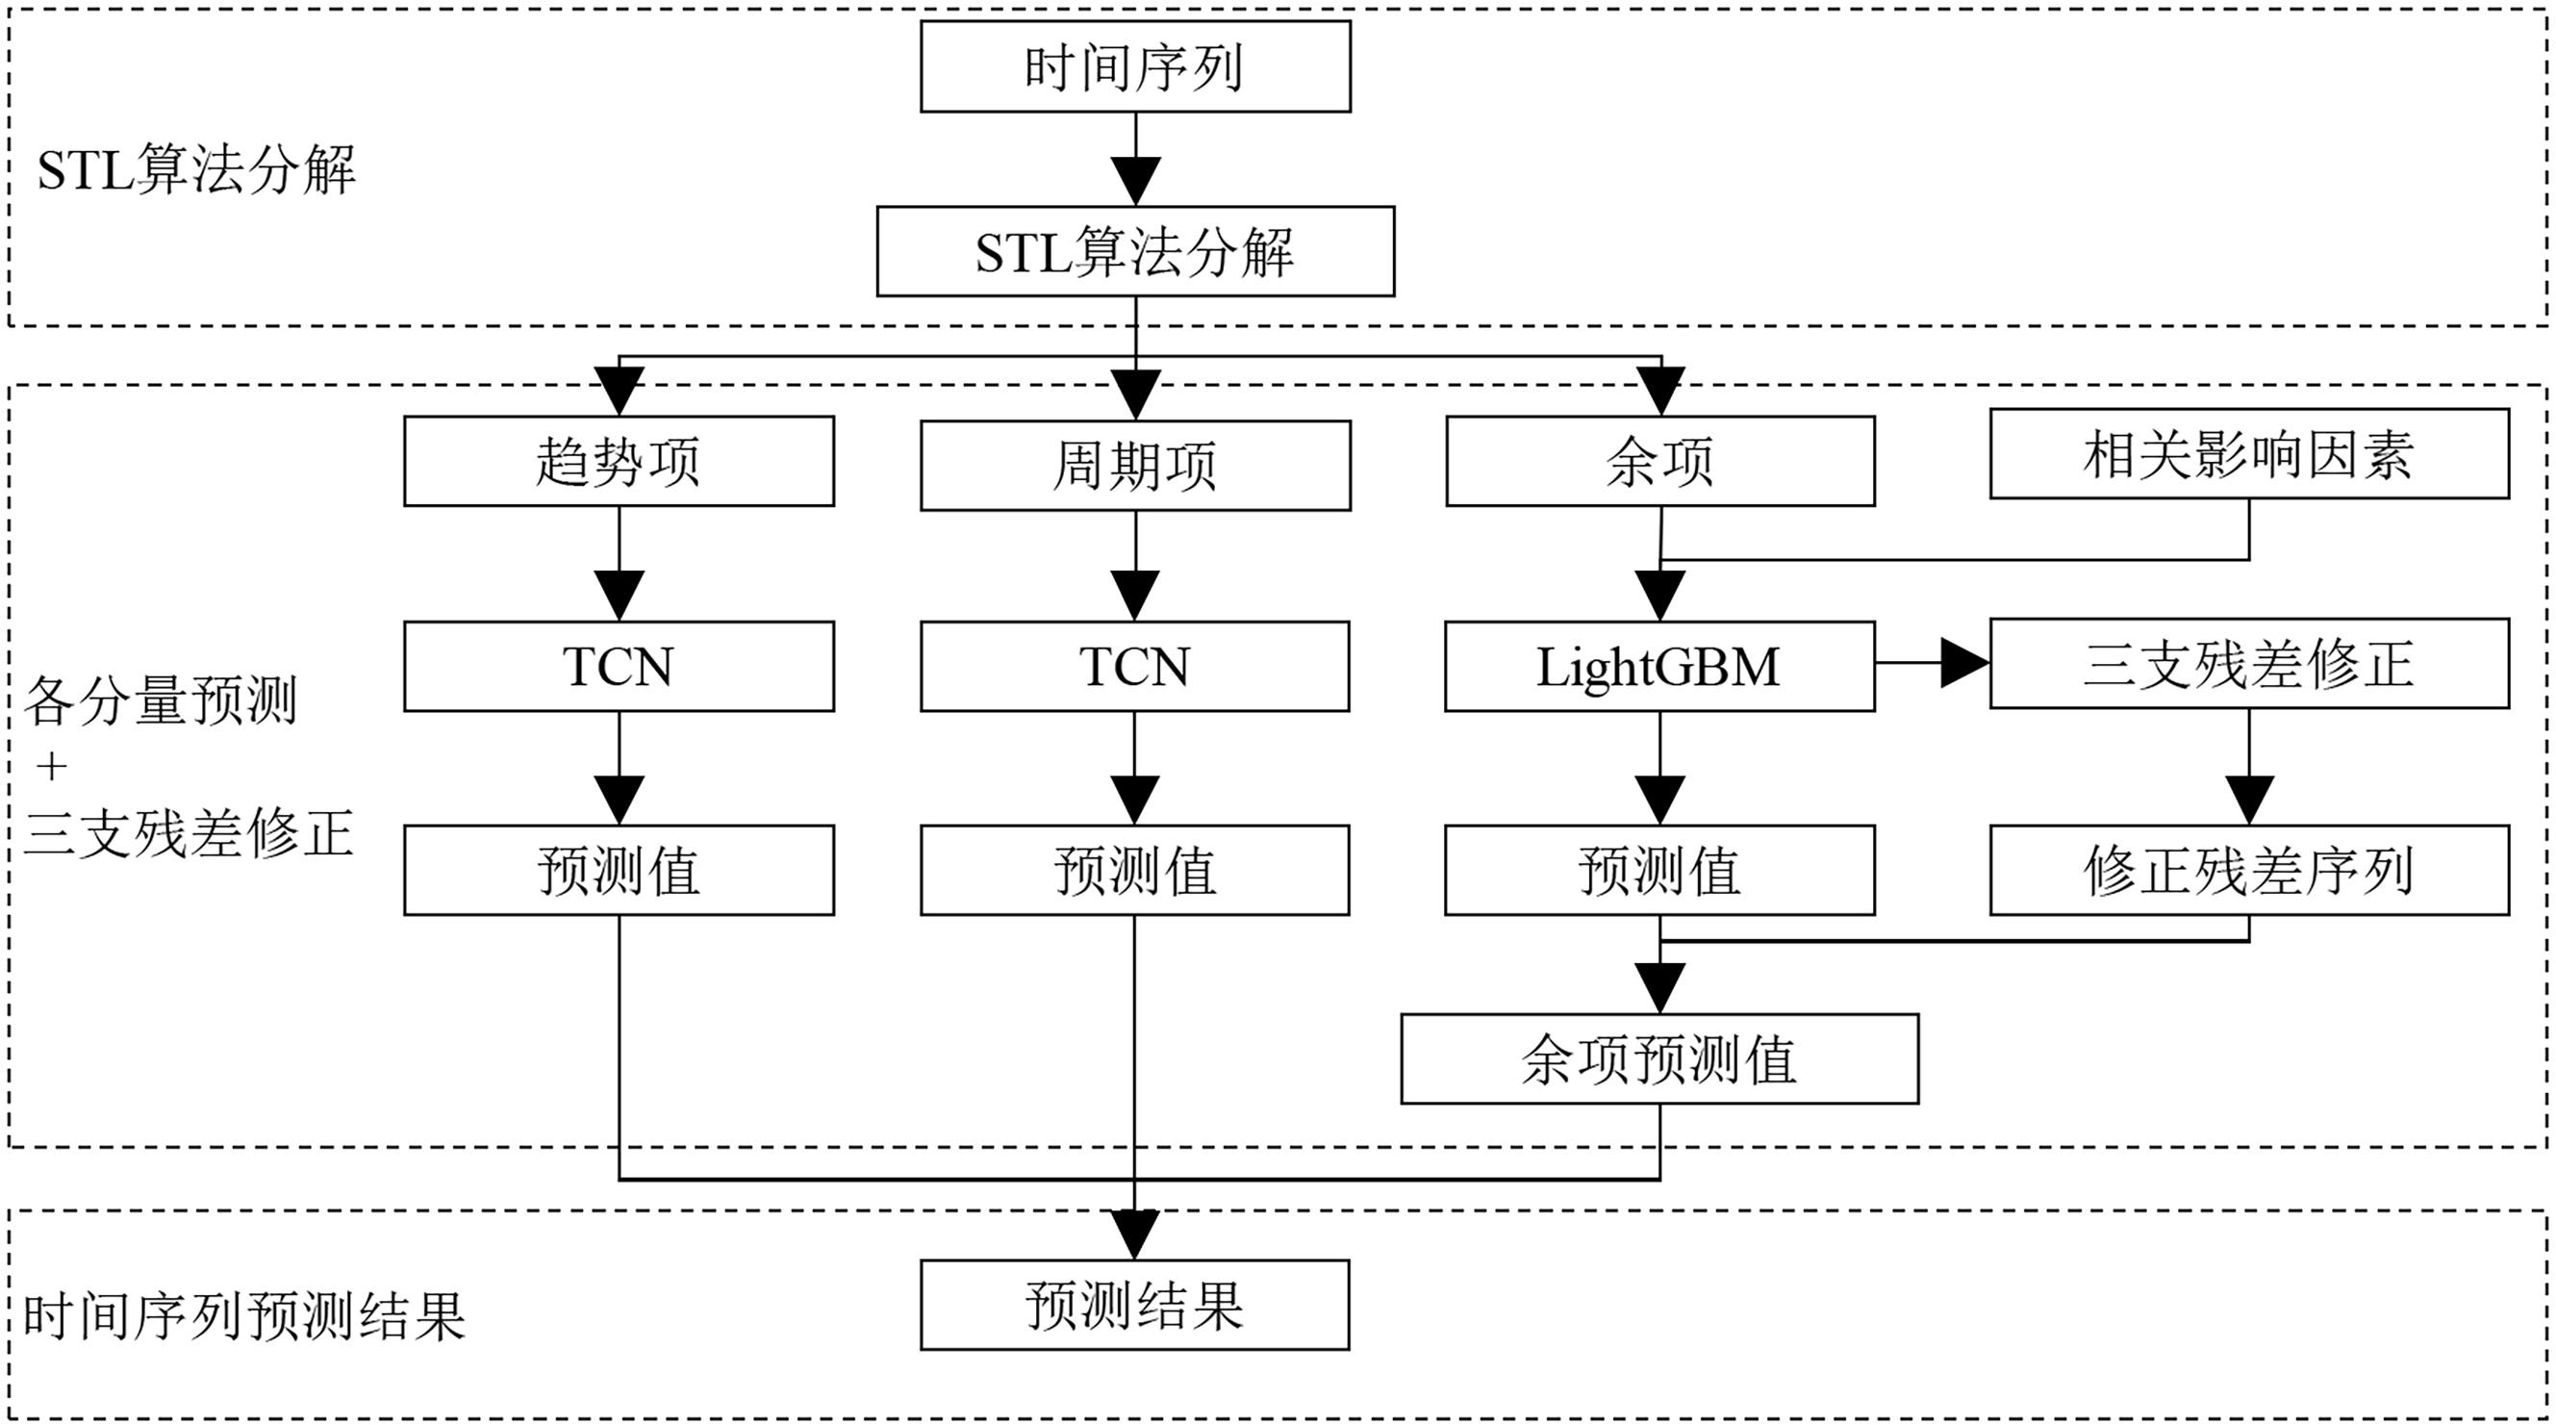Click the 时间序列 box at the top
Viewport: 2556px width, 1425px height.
[x=1134, y=66]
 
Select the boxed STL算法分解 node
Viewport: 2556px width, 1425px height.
[x=1134, y=251]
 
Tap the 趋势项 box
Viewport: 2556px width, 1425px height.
[x=619, y=461]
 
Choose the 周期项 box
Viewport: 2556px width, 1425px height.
[x=1134, y=466]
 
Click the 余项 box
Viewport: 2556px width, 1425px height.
[x=1659, y=461]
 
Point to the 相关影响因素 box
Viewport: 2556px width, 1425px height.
[x=2248, y=453]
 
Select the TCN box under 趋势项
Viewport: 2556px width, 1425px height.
[x=619, y=666]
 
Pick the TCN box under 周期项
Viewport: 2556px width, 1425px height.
[x=1134, y=666]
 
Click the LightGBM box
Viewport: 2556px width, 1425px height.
[x=1659, y=666]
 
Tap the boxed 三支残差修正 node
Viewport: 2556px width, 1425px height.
[x=2248, y=663]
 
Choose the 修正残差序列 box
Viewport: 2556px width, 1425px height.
[x=2248, y=869]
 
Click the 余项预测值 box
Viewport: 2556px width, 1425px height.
[x=1659, y=1058]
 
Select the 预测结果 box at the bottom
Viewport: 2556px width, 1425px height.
[x=1134, y=1305]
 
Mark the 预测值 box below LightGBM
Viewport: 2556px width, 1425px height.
[x=1659, y=869]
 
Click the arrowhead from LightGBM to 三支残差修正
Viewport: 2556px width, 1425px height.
[x=1963, y=663]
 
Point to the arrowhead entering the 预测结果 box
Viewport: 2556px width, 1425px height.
[x=1134, y=1235]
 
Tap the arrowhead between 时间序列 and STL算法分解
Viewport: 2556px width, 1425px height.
[x=1135, y=181]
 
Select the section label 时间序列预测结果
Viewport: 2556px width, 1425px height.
[x=244, y=1317]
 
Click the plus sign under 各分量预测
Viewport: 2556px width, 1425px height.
[x=52, y=766]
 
